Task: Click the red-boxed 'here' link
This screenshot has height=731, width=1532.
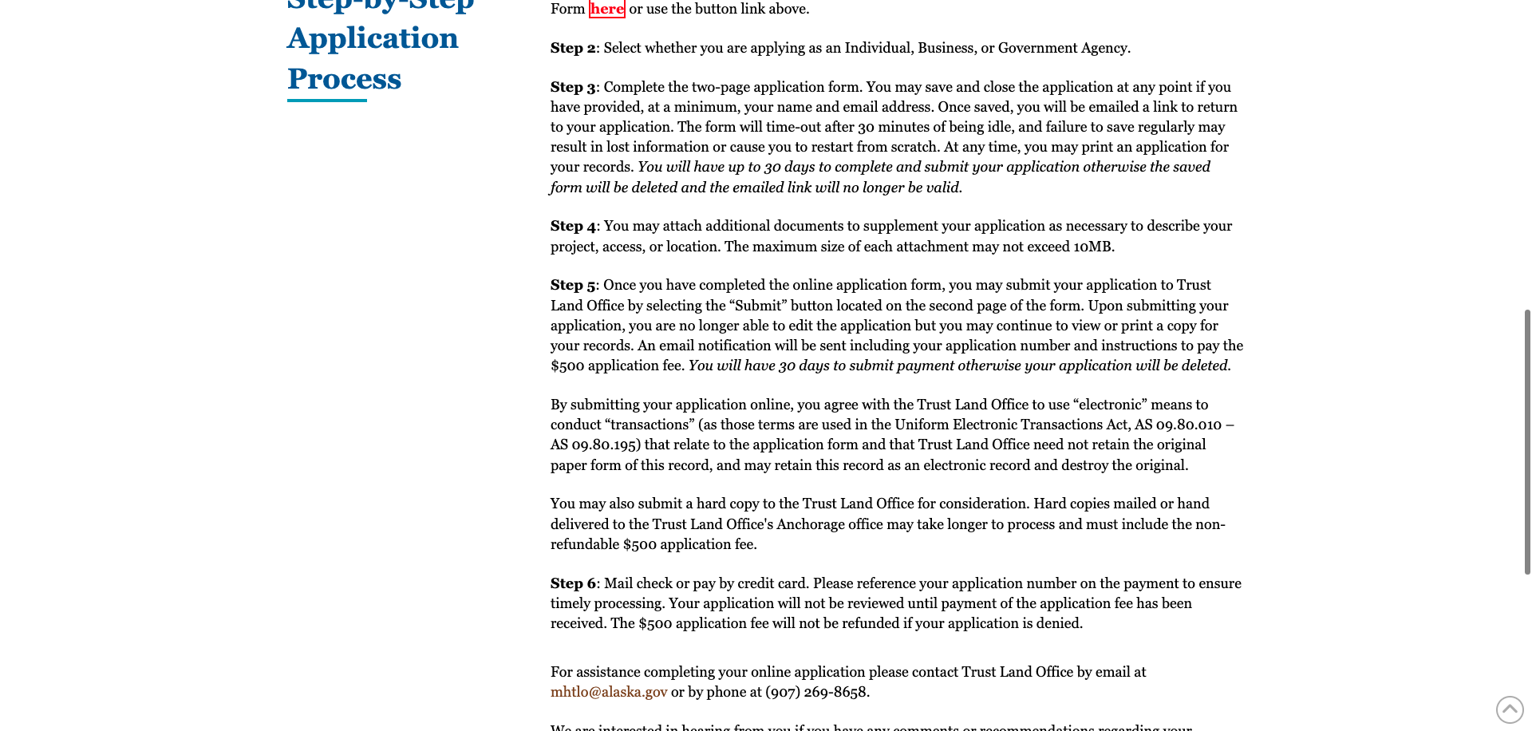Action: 606,9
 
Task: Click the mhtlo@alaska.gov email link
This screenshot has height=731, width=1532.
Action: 608,692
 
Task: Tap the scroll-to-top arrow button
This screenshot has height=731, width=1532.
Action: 1509,709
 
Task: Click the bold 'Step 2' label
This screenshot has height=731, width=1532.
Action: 572,48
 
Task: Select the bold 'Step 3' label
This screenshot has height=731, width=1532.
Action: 572,87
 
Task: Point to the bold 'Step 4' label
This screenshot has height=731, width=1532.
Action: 572,226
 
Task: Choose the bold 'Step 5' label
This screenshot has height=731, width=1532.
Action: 572,285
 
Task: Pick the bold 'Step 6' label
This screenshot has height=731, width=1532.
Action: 572,583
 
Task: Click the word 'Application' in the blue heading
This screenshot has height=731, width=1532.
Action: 373,38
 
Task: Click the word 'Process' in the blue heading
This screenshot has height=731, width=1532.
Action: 344,79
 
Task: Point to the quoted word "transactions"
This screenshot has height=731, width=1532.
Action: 650,425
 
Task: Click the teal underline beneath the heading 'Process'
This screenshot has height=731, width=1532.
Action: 327,101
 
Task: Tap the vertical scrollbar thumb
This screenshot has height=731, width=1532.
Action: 1527,441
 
